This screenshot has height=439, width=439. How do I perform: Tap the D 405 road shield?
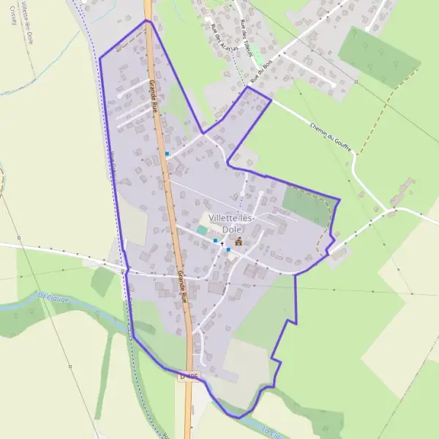pyautogui.click(x=188, y=376)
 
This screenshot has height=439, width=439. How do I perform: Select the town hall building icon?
pyautogui.click(x=237, y=240)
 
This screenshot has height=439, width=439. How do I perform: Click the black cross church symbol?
pyautogui.click(x=222, y=243)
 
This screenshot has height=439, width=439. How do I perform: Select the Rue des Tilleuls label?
pyautogui.click(x=247, y=35)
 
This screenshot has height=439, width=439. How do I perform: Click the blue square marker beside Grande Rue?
pyautogui.click(x=168, y=154)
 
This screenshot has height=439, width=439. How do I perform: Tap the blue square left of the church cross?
pyautogui.click(x=215, y=240)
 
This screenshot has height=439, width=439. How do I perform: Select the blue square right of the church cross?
pyautogui.click(x=228, y=249)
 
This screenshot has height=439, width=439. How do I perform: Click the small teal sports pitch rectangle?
pyautogui.click(x=202, y=230)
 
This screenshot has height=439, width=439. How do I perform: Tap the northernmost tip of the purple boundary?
pyautogui.click(x=146, y=20)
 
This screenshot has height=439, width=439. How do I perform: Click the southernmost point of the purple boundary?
pyautogui.click(x=237, y=418)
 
